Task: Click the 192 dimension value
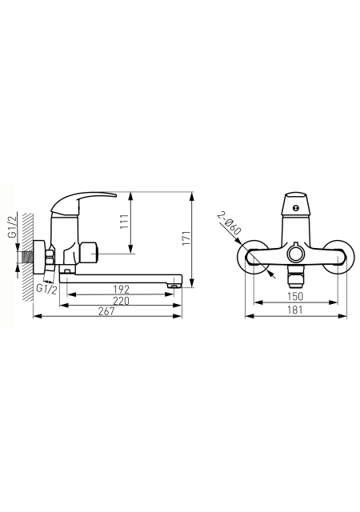point(121,290)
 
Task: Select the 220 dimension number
point(121,301)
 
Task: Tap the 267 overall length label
point(107,311)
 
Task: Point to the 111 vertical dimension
point(124,222)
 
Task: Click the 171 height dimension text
point(186,238)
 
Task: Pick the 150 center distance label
point(295,297)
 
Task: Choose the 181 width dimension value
point(295,310)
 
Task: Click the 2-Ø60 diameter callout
point(230,223)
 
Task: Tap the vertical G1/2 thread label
point(13,226)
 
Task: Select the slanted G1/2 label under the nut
point(46,289)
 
